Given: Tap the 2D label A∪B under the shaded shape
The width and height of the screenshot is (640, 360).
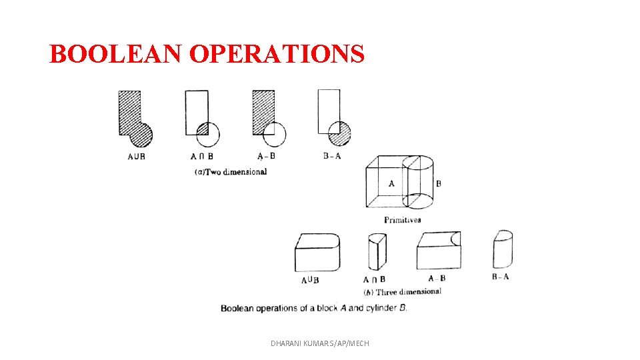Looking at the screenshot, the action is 136,157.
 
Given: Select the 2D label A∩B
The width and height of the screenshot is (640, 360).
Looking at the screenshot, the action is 201,157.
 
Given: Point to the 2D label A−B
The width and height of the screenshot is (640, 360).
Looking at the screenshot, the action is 266,157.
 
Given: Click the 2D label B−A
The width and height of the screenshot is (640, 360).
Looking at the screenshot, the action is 332,157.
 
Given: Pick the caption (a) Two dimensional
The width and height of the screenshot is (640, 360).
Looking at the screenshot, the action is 231,172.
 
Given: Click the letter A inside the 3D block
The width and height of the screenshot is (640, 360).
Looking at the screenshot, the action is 391,183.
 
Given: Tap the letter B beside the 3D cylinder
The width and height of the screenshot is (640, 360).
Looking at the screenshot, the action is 438,183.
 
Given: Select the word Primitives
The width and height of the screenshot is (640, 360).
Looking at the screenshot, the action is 402,220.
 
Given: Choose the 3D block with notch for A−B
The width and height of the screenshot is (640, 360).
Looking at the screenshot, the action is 438,250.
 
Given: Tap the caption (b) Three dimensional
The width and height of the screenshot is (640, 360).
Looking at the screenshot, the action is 402,292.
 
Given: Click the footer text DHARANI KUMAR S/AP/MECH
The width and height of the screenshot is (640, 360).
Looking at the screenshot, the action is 320,343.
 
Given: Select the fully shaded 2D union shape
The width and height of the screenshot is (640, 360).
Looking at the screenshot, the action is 133,120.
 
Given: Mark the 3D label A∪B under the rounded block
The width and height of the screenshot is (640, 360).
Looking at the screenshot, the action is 310,280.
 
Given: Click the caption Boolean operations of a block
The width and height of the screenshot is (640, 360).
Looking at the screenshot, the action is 313,308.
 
